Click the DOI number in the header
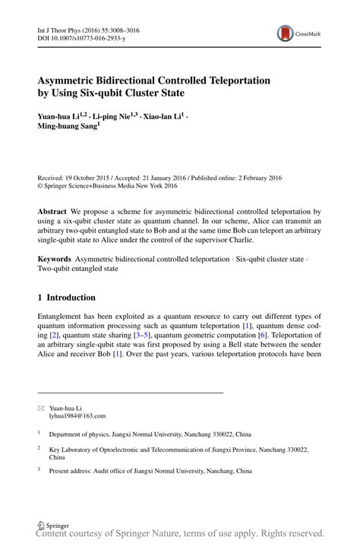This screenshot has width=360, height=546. [x=84, y=38]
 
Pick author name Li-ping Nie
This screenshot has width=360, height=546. [x=118, y=116]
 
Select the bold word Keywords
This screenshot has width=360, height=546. [x=58, y=259]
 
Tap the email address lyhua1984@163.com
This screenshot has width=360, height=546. [x=77, y=416]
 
